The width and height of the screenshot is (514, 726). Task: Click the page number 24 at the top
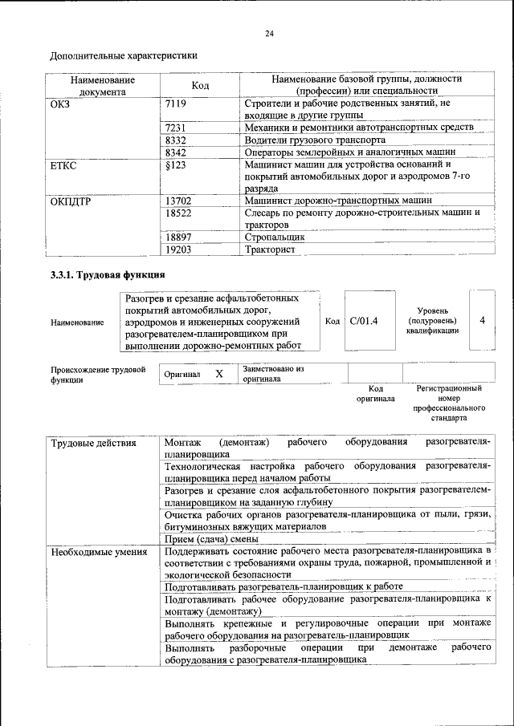point(269,33)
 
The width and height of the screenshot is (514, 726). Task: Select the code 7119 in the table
point(175,103)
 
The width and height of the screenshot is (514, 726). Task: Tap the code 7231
point(175,128)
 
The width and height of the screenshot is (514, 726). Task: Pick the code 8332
point(175,140)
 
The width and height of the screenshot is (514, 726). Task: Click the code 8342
point(175,152)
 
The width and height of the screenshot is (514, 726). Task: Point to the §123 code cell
point(174,164)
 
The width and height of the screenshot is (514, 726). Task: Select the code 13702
point(177,200)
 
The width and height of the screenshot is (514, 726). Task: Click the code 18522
point(177,213)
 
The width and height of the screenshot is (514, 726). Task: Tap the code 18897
point(177,237)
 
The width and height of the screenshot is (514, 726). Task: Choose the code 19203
point(177,249)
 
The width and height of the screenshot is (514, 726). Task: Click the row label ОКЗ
point(61,103)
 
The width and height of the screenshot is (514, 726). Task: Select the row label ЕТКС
point(63,164)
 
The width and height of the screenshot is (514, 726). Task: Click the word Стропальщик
point(275,237)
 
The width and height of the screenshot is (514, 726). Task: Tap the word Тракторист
point(270,249)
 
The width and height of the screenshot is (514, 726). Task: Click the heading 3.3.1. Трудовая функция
point(103,276)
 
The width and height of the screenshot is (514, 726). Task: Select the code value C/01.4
point(364,321)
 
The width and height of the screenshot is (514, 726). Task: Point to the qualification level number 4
point(483,320)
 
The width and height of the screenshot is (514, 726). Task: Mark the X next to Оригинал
point(218,374)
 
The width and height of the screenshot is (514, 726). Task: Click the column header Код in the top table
point(201,86)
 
